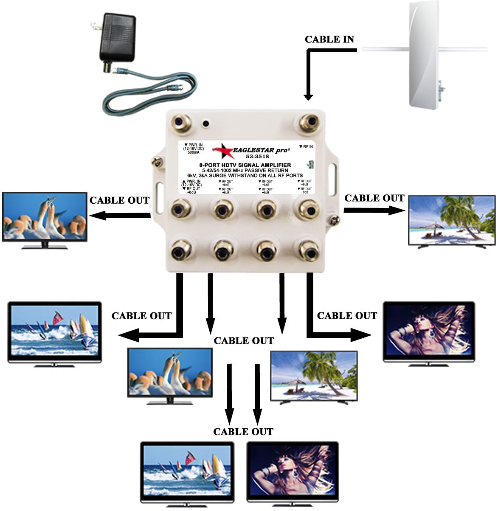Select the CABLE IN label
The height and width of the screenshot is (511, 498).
point(329,39)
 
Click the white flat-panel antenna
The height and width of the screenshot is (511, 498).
point(425,55)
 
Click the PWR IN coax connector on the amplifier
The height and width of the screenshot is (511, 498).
point(181,124)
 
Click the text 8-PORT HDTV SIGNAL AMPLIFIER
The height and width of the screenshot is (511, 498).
point(245,165)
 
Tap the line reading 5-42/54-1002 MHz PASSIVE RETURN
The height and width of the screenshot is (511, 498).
point(245,170)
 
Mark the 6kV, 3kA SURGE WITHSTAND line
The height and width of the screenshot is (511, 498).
point(245,175)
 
